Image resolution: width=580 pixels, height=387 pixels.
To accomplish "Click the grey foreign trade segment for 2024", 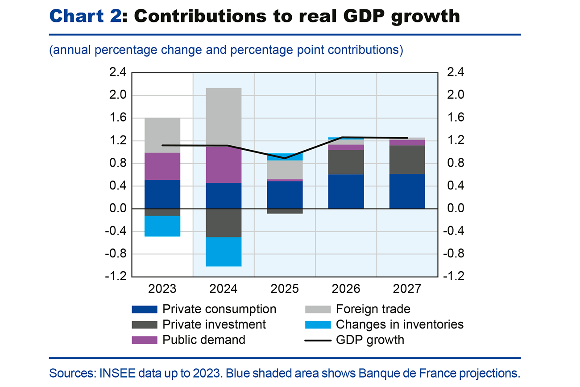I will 224,117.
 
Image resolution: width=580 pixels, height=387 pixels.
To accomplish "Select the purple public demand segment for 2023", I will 162,166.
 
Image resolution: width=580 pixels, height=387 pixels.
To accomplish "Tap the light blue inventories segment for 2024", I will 224,252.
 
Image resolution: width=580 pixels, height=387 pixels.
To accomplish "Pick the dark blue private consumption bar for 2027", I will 407,191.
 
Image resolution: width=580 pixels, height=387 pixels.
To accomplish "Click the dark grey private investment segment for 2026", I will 346,162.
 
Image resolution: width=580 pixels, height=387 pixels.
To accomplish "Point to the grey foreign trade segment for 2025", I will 285,169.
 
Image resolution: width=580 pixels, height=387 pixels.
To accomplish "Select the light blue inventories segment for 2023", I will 162,226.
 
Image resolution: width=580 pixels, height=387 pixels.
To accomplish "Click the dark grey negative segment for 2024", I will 224,223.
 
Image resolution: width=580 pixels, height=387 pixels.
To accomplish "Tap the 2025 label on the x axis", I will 285,289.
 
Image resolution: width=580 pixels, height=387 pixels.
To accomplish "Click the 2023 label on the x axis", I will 162,289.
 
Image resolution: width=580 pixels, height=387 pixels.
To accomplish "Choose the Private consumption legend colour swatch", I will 145,309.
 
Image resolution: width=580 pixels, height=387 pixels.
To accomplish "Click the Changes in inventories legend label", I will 399,324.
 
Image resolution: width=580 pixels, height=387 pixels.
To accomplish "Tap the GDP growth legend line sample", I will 318,340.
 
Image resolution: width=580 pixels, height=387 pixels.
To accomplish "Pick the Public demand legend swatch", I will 145,340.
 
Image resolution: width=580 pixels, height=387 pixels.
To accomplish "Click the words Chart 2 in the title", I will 84,16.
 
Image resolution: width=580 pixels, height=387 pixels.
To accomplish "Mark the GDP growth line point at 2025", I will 285,158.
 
